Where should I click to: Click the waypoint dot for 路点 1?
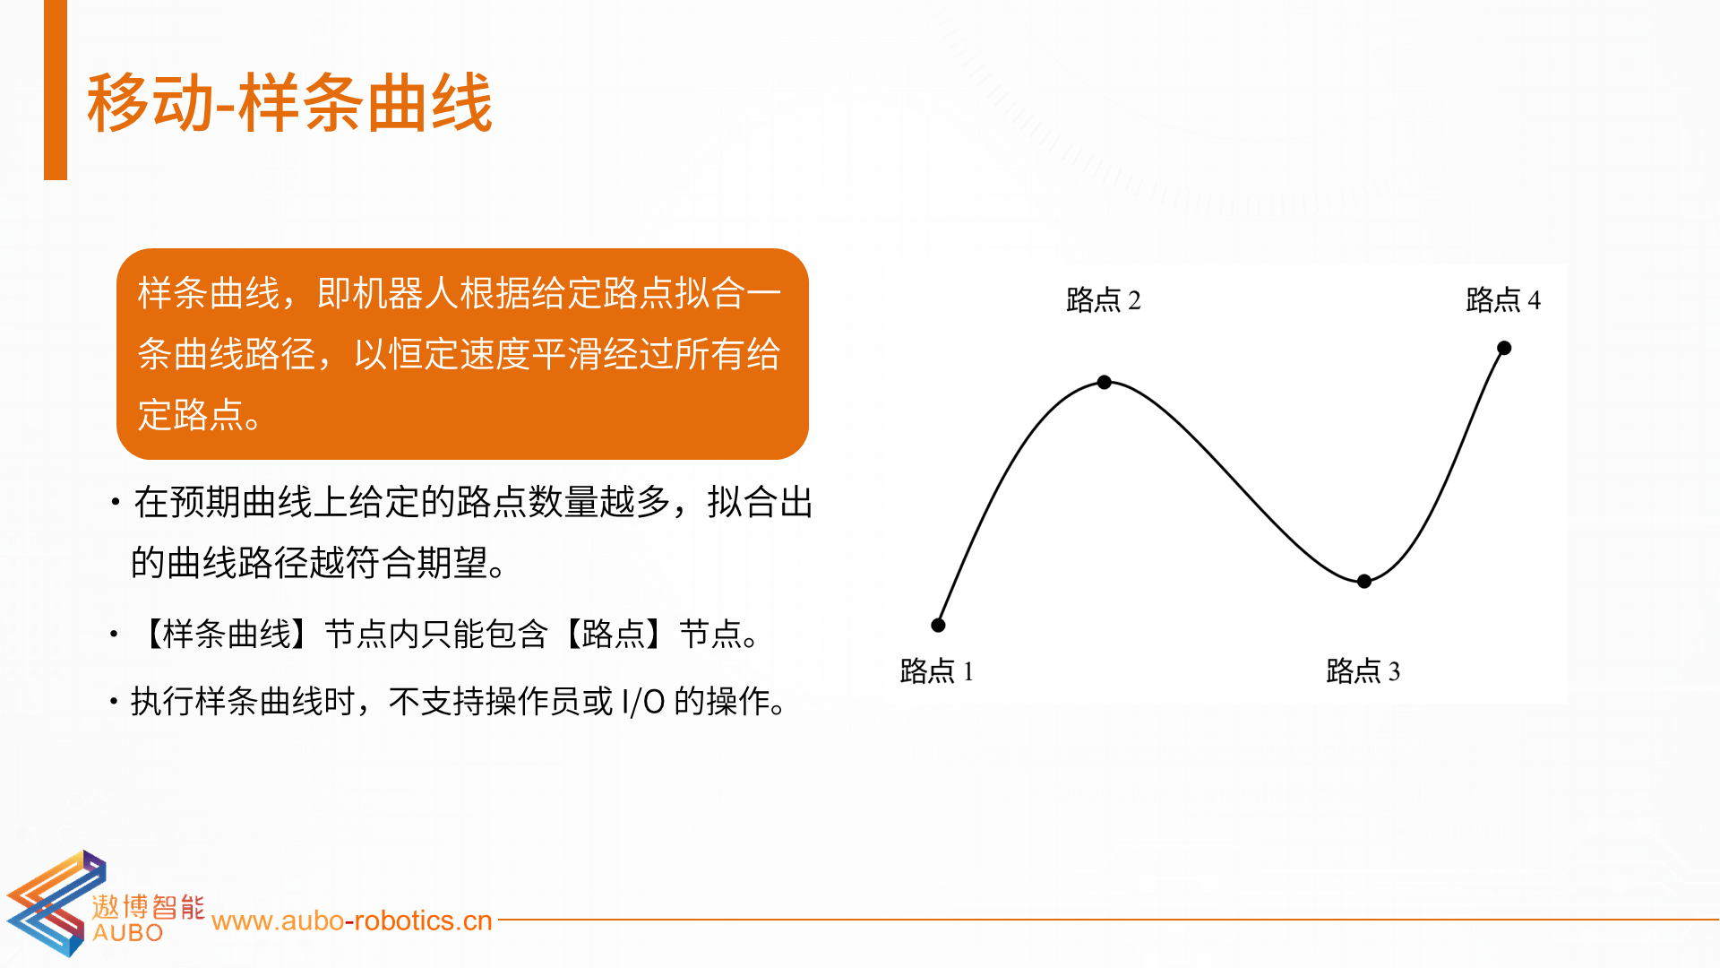click(x=938, y=625)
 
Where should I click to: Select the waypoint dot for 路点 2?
click(x=1105, y=382)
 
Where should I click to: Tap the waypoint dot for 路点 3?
click(x=1364, y=581)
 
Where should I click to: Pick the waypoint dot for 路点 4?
click(x=1504, y=348)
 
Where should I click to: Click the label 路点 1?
click(x=936, y=670)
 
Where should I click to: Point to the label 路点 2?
click(x=1104, y=299)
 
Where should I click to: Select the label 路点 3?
click(x=1363, y=670)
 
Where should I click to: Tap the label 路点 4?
click(x=1503, y=299)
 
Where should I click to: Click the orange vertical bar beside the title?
click(x=56, y=90)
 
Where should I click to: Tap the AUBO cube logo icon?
click(x=56, y=903)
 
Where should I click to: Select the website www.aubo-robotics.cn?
click(x=352, y=920)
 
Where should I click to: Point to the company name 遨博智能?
click(x=148, y=906)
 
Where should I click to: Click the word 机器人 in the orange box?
click(x=405, y=293)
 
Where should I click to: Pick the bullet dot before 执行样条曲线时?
click(x=114, y=701)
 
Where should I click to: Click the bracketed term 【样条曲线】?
click(x=227, y=634)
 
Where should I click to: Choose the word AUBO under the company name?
click(x=128, y=933)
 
